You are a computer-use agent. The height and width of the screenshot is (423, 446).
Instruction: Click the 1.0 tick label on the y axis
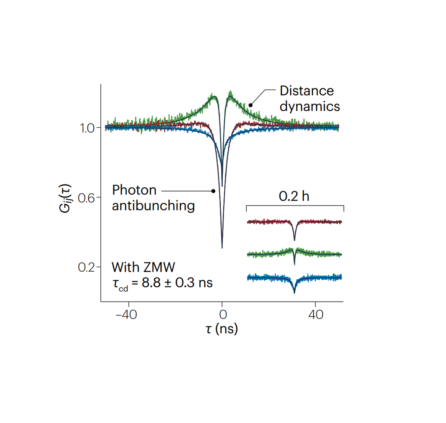tap(87, 128)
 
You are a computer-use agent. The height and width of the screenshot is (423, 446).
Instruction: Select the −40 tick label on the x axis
tap(126, 315)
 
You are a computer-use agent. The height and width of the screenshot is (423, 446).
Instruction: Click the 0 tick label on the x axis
tap(223, 315)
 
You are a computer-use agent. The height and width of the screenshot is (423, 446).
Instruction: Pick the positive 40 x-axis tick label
tap(316, 315)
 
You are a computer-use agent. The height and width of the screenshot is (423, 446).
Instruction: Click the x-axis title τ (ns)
tap(222, 329)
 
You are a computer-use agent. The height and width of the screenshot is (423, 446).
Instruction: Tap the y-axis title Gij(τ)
tap(65, 198)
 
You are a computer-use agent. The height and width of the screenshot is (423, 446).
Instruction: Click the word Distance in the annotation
tap(307, 91)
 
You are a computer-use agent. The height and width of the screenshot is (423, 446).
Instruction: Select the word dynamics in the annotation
tap(310, 107)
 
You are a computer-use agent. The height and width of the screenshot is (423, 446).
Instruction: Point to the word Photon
tap(134, 190)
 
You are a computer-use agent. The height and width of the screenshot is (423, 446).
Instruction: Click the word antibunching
tap(153, 206)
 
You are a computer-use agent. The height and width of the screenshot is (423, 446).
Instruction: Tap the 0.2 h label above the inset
tap(294, 196)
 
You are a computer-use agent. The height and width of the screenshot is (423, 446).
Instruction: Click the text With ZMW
tap(143, 267)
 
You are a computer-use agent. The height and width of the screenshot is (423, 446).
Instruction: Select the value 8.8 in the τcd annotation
tap(151, 283)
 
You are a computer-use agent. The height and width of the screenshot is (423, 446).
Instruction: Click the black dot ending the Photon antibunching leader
tap(213, 191)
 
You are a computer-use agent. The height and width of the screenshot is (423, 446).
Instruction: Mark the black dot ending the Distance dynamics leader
tap(250, 105)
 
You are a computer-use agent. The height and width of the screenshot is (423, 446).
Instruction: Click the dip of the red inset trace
tap(295, 239)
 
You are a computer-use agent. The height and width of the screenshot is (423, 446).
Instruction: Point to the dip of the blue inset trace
tap(295, 292)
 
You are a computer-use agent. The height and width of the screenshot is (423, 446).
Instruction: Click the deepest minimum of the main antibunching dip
tap(222, 247)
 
